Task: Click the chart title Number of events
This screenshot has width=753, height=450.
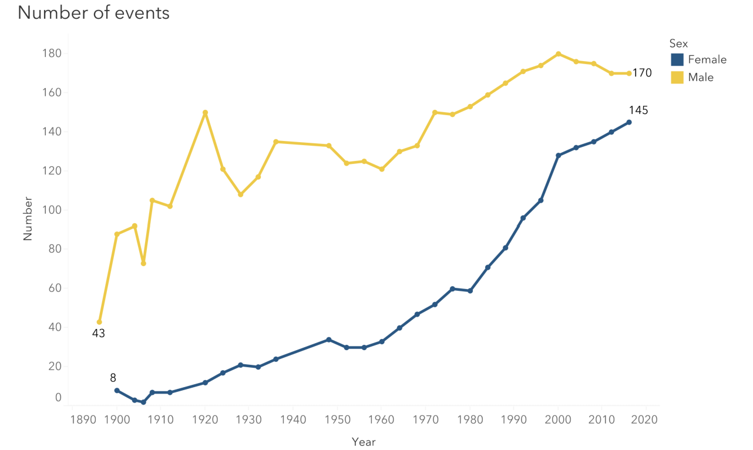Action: (x=93, y=13)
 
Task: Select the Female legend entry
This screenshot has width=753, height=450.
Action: (x=698, y=59)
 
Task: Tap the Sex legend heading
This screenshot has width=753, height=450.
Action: (x=678, y=43)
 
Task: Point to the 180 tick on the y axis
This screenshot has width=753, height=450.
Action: (x=52, y=53)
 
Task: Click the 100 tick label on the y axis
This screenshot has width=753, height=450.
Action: (x=52, y=210)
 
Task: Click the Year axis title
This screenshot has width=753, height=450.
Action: (x=364, y=442)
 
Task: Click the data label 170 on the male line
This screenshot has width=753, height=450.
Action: (x=642, y=73)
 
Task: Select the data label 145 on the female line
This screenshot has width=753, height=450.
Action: (x=638, y=110)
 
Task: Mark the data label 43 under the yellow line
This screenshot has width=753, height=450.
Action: (x=98, y=334)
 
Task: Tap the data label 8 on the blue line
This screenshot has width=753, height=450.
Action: (x=113, y=378)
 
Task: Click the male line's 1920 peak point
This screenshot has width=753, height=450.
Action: (x=205, y=113)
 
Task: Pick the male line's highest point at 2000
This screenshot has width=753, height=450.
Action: (x=558, y=54)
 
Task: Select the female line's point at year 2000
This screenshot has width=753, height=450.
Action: (x=558, y=156)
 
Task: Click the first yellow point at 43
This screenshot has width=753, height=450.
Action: (x=99, y=322)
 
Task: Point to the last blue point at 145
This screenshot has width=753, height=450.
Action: (x=628, y=122)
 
